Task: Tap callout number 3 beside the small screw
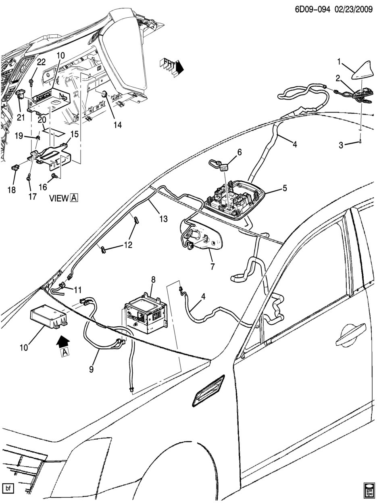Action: pos(341,145)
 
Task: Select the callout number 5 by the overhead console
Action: pos(285,188)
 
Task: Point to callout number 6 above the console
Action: pos(239,152)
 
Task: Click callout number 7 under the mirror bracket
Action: pos(212,267)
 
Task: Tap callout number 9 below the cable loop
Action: pos(92,369)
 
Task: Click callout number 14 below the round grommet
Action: pos(117,125)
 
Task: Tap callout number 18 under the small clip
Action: pos(12,190)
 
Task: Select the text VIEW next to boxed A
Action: pos(58,198)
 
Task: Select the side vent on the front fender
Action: pos(209,390)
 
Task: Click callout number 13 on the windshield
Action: pos(163,219)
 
